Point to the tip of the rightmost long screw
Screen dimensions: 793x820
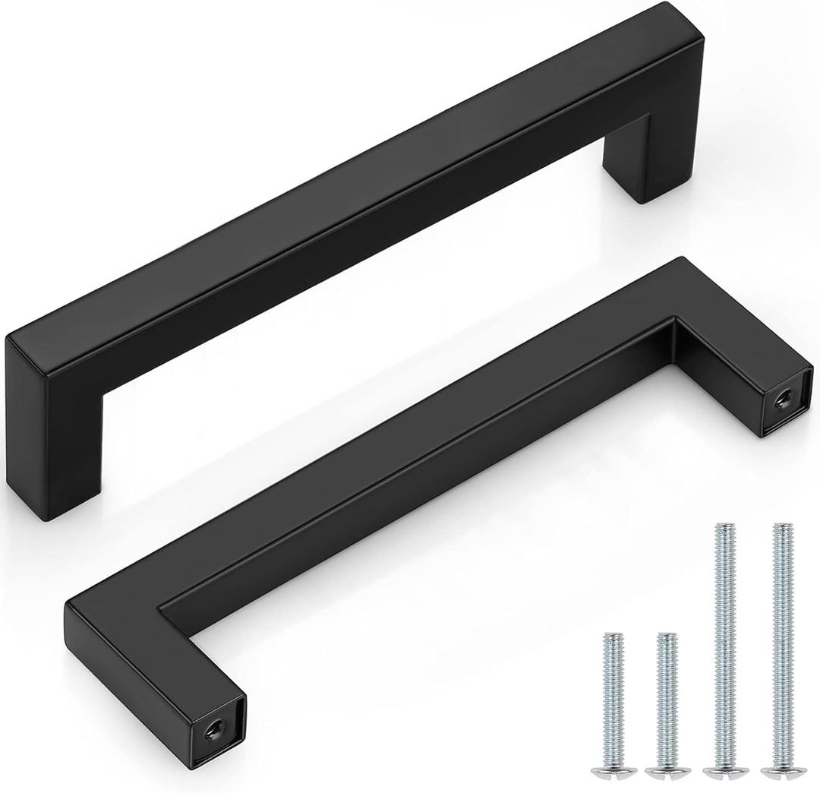pos(777,526)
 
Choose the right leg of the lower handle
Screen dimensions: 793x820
pos(729,365)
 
